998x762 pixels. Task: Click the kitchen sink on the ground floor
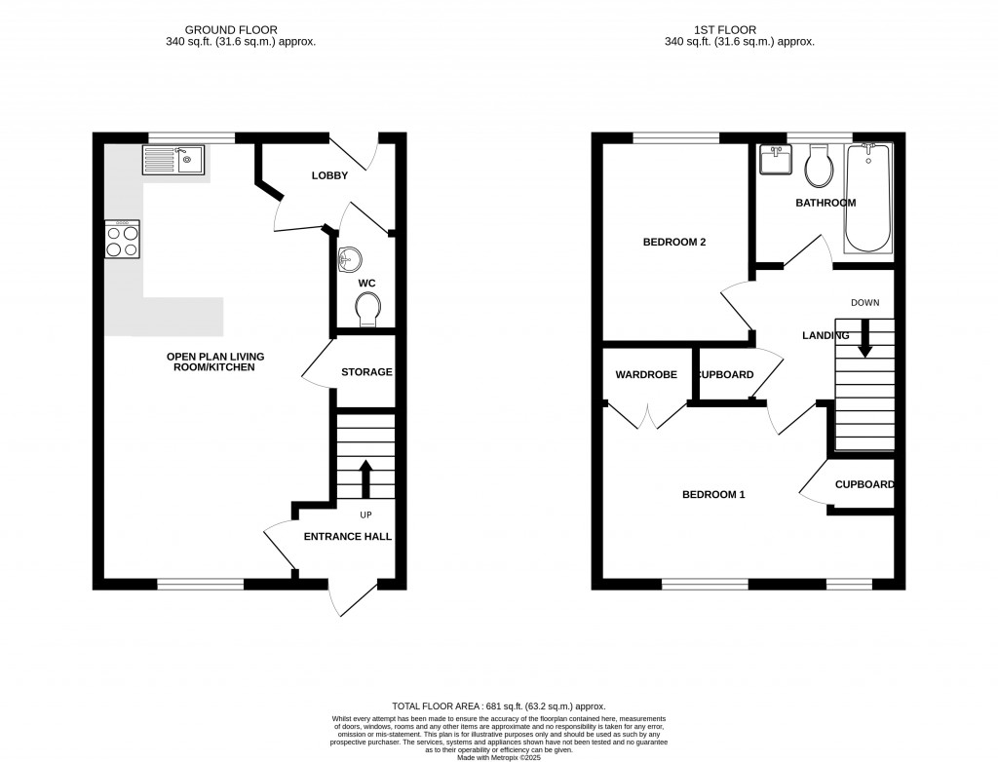point(173,159)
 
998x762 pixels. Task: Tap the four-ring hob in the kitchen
point(123,240)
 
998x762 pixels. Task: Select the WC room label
point(366,284)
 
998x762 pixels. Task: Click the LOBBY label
point(329,175)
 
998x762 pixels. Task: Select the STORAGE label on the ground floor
point(366,372)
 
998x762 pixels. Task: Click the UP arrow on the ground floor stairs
point(366,477)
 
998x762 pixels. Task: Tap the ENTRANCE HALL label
point(348,537)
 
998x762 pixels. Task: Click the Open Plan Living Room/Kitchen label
point(215,362)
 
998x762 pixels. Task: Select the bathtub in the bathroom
point(868,198)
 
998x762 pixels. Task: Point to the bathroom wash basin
point(777,160)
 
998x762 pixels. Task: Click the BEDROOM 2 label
point(673,243)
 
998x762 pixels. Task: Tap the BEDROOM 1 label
point(712,495)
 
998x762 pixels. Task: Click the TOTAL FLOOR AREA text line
point(498,706)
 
